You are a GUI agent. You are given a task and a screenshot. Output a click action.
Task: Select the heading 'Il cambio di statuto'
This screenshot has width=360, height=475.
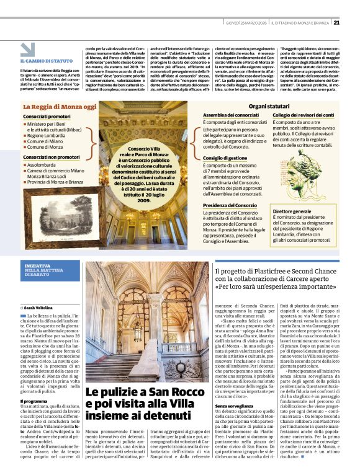46,61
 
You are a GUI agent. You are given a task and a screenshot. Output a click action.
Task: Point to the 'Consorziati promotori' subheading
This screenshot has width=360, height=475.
47,117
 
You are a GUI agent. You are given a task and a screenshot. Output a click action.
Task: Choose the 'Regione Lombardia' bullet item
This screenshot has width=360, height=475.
46,135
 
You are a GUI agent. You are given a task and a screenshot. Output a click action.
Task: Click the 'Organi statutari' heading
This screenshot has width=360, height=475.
269,107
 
